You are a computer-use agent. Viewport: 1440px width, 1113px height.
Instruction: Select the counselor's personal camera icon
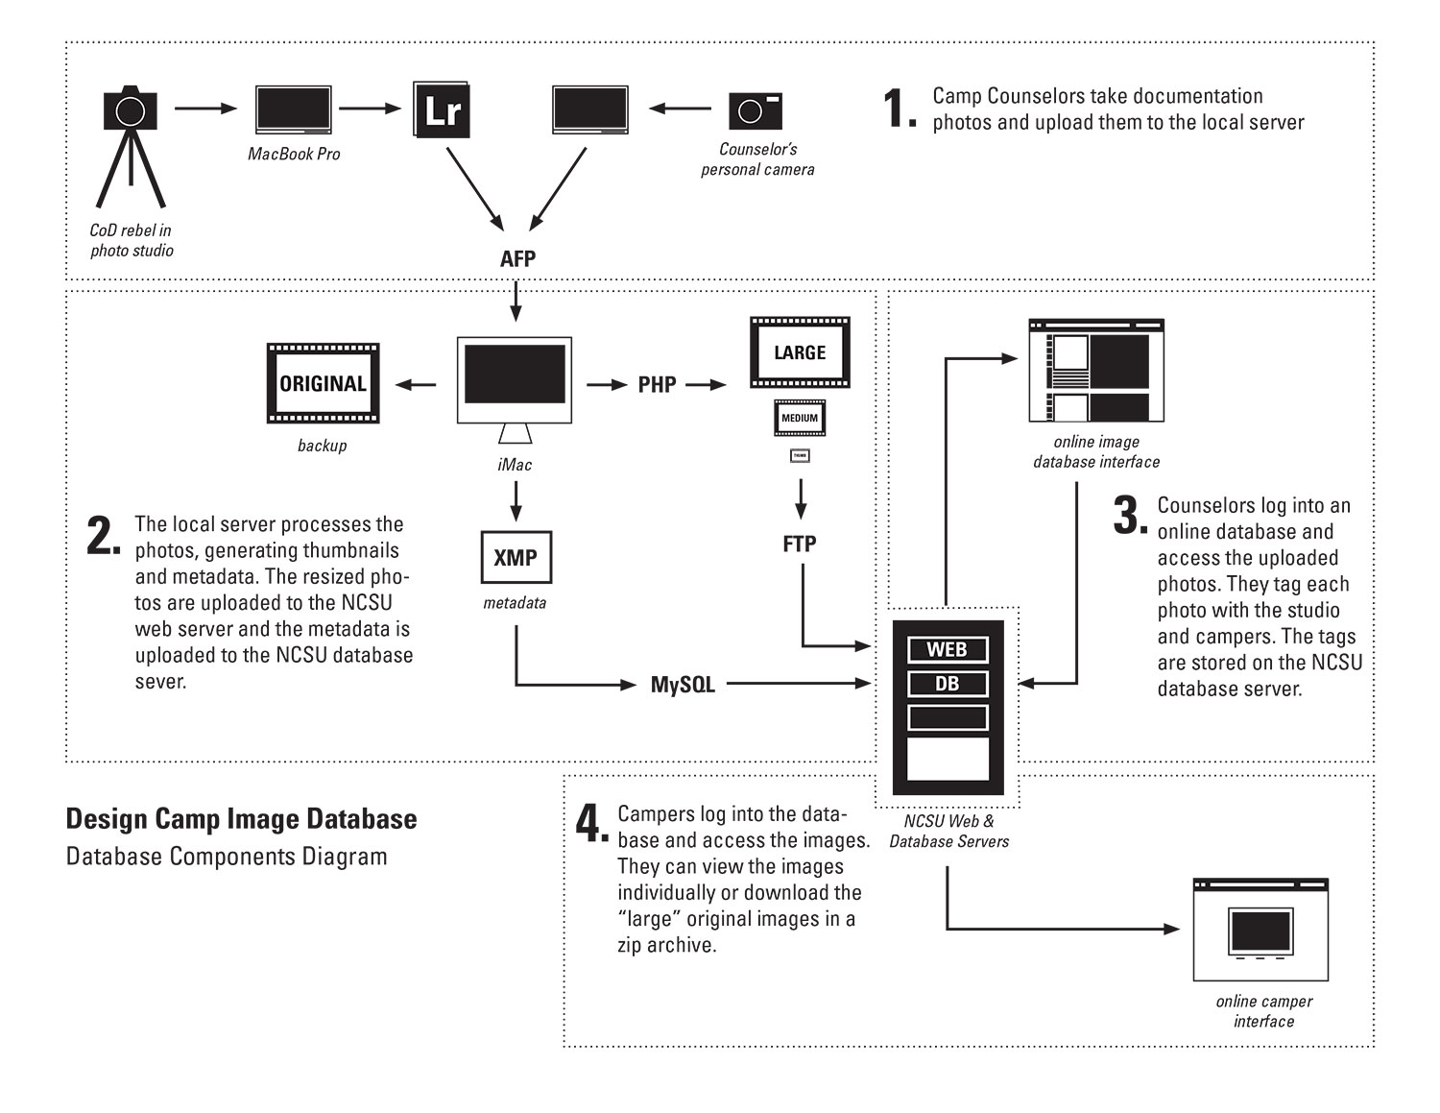click(756, 111)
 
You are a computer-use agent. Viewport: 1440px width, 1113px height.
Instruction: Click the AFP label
click(517, 258)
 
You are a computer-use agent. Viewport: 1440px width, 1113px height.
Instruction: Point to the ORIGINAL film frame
click(323, 383)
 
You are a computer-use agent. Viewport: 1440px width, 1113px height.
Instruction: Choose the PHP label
click(657, 385)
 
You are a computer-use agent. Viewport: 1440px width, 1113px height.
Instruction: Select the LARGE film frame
click(800, 352)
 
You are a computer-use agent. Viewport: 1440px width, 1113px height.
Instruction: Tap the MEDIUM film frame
click(800, 418)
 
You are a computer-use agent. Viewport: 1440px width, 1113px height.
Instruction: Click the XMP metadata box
click(516, 557)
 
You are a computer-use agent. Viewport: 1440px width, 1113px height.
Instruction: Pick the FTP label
click(800, 544)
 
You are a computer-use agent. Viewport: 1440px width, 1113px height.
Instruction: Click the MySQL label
click(683, 685)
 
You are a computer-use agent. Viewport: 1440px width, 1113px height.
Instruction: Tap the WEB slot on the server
click(948, 650)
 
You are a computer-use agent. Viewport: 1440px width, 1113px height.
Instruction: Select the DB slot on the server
click(948, 684)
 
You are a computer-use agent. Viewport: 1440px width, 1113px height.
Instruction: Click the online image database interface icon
click(1096, 371)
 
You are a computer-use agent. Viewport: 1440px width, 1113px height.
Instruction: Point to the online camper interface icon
click(1260, 930)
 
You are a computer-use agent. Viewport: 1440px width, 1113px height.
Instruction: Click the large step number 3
click(1130, 517)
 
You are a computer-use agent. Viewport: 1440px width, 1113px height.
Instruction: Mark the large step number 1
click(899, 108)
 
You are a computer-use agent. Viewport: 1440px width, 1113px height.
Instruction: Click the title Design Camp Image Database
click(241, 819)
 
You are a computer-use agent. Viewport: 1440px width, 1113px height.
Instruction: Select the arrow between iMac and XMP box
click(516, 499)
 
